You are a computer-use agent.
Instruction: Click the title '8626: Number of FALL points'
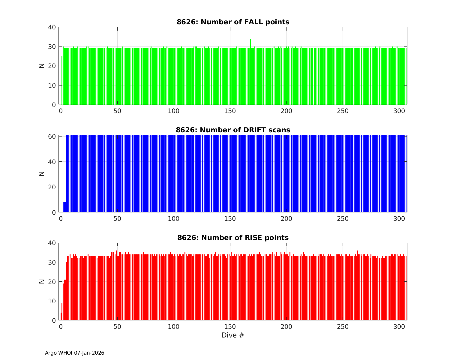233,22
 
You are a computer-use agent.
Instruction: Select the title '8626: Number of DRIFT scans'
233,130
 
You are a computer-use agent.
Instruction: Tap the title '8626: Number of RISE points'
233,238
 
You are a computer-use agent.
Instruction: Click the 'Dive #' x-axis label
233,335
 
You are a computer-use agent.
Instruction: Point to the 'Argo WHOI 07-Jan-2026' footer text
74,353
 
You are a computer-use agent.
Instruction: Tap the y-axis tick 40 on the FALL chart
52,27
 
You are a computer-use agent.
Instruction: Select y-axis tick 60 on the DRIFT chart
52,136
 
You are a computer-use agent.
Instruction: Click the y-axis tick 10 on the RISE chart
52,301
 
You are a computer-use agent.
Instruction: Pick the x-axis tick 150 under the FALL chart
230,111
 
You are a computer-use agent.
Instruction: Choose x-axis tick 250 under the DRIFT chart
343,219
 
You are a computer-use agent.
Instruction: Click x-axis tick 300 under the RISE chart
399,326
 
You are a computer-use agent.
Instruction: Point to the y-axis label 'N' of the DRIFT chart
42,173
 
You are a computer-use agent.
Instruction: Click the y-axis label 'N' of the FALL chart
42,66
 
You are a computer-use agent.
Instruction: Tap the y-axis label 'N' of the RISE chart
42,281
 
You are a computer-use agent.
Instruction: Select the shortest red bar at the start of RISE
61,316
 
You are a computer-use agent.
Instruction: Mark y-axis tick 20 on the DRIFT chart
52,187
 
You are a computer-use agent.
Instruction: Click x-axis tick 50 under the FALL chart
117,111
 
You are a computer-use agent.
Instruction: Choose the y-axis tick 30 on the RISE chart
52,262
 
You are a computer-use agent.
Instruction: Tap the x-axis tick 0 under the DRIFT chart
61,219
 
